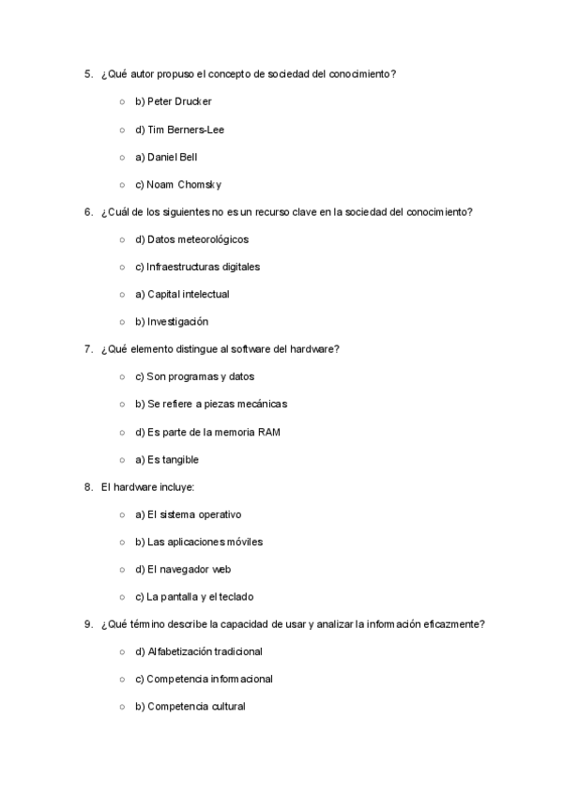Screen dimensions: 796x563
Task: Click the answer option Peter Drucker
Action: coord(174,101)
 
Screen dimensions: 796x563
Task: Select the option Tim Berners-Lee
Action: coord(179,130)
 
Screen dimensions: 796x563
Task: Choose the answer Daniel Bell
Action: coord(166,157)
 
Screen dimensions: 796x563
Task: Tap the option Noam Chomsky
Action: coord(177,184)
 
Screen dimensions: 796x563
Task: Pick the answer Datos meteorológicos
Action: coord(191,239)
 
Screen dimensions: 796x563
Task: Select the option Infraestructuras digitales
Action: coord(197,267)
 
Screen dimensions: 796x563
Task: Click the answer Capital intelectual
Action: coord(182,294)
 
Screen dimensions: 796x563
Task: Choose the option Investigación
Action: coord(172,322)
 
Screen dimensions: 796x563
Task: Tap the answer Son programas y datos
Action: coord(194,376)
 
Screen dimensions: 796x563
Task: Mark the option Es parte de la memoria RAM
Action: coord(207,432)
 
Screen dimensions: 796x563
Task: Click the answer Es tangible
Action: coord(167,459)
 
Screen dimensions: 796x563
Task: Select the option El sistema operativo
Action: coord(189,514)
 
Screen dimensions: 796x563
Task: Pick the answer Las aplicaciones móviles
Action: coord(199,542)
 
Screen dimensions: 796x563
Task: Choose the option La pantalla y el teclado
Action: coord(194,596)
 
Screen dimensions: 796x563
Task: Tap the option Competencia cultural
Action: coord(190,707)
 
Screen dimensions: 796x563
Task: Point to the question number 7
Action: coord(87,349)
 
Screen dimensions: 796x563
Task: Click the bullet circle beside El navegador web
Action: coord(122,570)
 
